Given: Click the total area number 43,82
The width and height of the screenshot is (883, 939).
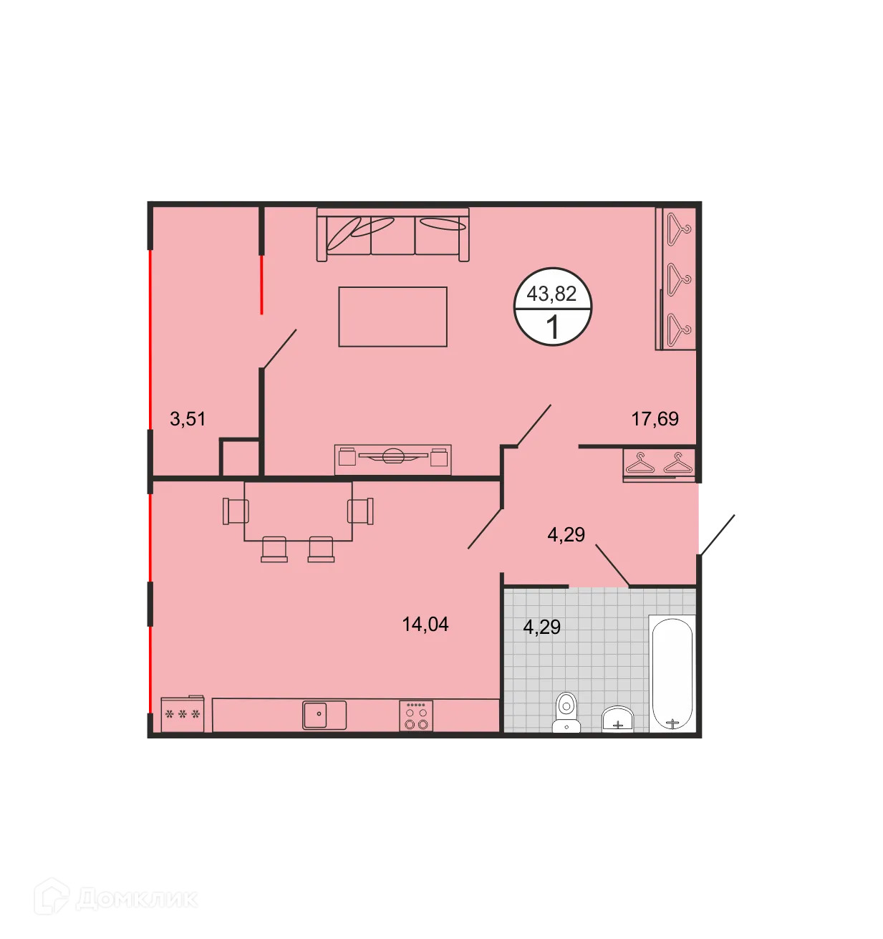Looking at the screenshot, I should (551, 294).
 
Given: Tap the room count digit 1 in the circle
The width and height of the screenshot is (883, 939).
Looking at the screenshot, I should (552, 327).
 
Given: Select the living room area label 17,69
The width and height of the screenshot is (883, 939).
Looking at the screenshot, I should (655, 418).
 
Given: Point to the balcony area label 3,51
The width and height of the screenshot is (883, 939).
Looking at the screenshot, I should (188, 418).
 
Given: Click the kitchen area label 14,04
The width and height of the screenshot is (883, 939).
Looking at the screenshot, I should (425, 625).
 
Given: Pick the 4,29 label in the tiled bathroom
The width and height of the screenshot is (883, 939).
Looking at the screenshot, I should (542, 627).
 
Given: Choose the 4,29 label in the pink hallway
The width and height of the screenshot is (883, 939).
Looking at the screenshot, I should (566, 534).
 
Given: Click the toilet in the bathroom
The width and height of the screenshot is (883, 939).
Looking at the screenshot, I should (566, 712).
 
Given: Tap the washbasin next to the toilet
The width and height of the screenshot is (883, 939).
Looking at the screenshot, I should (617, 718).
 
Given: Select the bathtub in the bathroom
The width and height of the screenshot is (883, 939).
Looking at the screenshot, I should (672, 673).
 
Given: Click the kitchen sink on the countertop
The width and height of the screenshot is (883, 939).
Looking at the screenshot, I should (324, 715).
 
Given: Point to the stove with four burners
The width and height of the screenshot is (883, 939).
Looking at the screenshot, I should (416, 715).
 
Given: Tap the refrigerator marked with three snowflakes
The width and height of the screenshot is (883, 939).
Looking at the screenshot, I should (182, 713).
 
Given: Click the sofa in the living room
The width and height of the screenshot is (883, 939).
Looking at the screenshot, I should (392, 235).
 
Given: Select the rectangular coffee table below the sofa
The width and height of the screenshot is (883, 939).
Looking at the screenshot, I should (392, 317).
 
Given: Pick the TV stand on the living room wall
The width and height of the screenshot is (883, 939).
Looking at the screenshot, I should (392, 458).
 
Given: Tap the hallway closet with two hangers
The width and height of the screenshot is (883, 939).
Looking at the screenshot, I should (659, 464).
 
